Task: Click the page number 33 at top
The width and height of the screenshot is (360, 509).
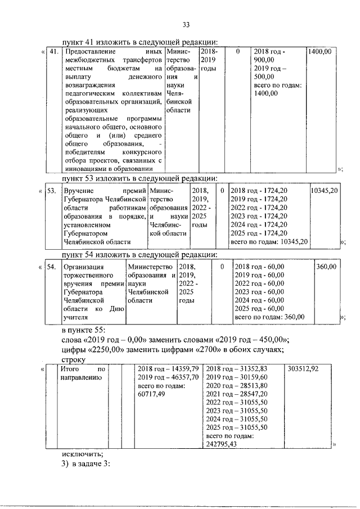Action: (x=186, y=24)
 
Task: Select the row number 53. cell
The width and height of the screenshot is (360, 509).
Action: (x=51, y=191)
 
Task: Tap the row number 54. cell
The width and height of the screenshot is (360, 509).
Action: (x=51, y=267)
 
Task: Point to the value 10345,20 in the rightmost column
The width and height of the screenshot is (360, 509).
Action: (x=324, y=191)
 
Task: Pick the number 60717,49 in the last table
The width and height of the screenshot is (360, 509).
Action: (x=151, y=394)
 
